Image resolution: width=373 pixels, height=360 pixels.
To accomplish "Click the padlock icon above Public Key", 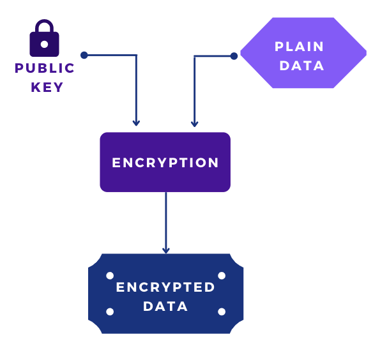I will (44, 40).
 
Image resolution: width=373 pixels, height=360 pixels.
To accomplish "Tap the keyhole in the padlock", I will (44, 45).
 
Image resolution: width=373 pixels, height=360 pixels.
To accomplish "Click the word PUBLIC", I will (45, 68).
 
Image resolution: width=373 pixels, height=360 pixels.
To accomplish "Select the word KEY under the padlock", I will (47, 87).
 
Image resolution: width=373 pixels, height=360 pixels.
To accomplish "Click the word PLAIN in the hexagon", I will (300, 47).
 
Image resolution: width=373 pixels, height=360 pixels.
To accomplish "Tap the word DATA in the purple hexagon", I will (301, 65).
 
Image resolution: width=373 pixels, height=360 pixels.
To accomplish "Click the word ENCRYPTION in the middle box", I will (165, 163).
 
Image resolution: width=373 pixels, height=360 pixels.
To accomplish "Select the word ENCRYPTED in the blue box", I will (165, 287).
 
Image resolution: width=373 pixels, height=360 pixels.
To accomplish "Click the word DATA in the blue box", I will (165, 306).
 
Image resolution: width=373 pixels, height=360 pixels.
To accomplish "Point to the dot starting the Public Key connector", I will (84, 56).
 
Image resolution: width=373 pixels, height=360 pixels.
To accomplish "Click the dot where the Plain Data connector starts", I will (234, 56).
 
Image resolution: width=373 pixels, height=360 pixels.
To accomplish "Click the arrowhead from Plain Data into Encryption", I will (194, 123).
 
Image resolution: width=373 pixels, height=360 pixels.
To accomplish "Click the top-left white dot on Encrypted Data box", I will (110, 276).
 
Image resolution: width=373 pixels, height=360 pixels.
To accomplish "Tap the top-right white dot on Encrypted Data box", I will (222, 276).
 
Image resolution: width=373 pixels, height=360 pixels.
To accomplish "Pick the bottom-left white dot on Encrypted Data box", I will (110, 311).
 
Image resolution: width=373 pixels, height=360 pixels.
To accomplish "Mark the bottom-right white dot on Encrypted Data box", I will (222, 311).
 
